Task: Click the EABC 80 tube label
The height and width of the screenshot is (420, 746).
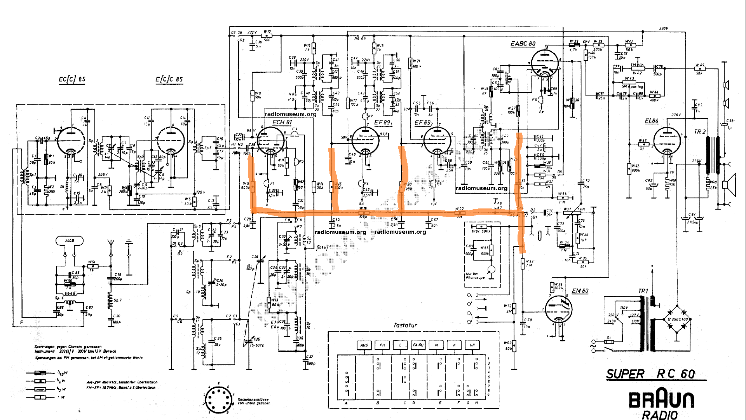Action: pyautogui.click(x=523, y=44)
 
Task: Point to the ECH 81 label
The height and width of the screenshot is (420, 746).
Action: pyautogui.click(x=282, y=122)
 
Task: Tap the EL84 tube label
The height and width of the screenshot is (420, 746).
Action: pyautogui.click(x=652, y=121)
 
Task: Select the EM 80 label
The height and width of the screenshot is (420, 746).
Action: pyautogui.click(x=580, y=291)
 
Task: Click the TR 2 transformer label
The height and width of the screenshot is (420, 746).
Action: pyautogui.click(x=699, y=132)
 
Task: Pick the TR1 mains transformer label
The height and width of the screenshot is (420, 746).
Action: pyautogui.click(x=643, y=291)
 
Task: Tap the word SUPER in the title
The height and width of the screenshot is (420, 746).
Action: pyautogui.click(x=625, y=374)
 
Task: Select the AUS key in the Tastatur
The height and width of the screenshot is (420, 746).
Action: pyautogui.click(x=364, y=345)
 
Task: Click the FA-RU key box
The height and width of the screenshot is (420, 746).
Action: pyautogui.click(x=418, y=345)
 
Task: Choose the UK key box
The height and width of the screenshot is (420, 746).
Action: pyautogui.click(x=472, y=345)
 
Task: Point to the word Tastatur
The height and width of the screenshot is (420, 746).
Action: pyautogui.click(x=405, y=325)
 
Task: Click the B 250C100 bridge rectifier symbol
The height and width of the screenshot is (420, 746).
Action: pyautogui.click(x=676, y=319)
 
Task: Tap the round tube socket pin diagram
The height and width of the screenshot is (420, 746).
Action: pyautogui.click(x=219, y=399)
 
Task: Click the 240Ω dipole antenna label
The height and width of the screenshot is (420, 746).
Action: pyautogui.click(x=70, y=241)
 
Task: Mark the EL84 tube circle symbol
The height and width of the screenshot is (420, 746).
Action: pyautogui.click(x=667, y=141)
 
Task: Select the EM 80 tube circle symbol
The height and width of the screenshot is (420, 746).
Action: pyautogui.click(x=558, y=310)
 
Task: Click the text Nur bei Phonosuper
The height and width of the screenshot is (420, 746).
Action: pyautogui.click(x=476, y=276)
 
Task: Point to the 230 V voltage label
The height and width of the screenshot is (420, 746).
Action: pyautogui.click(x=664, y=28)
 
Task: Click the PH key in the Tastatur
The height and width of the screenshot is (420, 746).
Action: pyautogui.click(x=382, y=345)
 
